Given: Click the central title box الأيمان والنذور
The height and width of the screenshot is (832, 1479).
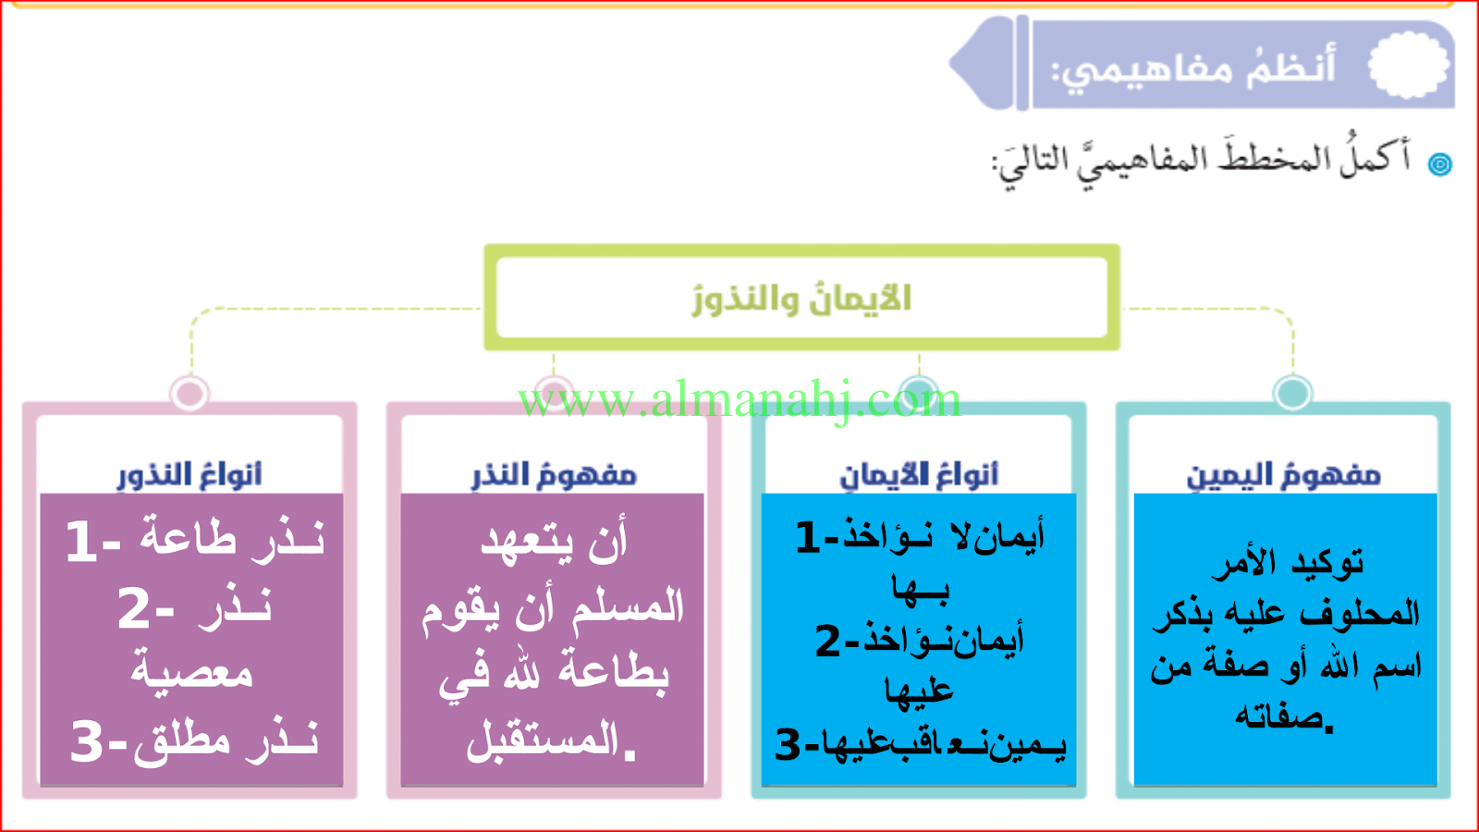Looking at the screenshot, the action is [x=801, y=297].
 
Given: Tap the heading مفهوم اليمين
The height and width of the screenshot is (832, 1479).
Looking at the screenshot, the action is [x=1284, y=475].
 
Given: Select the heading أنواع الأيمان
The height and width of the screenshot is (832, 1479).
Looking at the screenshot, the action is [x=919, y=475].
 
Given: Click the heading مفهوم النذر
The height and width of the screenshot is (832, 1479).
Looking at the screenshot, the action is [x=554, y=475].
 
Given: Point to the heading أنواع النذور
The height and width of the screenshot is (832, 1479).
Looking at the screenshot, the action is [x=189, y=475].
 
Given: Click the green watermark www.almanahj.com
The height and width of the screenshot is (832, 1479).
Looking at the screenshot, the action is [x=739, y=400].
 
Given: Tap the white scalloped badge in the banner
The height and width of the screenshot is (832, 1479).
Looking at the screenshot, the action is [x=1409, y=65].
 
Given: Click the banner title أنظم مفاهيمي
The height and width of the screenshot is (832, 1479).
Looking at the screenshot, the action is [x=1193, y=68].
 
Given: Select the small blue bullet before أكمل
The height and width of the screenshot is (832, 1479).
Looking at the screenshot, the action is [x=1439, y=164].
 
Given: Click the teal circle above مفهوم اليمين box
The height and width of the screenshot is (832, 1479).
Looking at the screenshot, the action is [x=1292, y=392].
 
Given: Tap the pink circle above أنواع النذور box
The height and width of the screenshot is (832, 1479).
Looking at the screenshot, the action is [x=189, y=393].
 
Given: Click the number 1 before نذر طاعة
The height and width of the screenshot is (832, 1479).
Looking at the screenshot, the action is [x=82, y=542].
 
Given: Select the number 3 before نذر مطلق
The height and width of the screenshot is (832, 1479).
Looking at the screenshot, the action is [x=87, y=741].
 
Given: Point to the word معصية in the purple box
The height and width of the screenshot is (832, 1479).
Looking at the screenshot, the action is [x=191, y=670].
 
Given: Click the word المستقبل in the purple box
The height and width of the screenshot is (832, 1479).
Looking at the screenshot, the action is [x=543, y=740].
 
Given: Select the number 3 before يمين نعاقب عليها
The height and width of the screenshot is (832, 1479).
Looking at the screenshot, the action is [x=787, y=745].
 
